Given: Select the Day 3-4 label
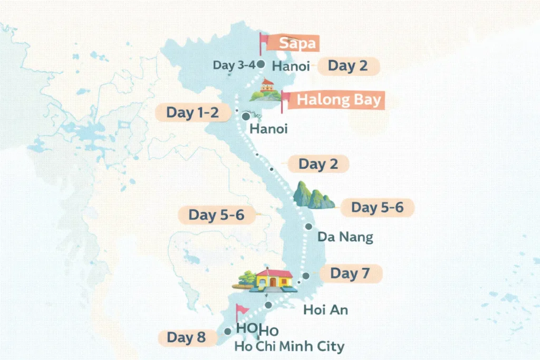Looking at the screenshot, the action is click(x=234, y=65).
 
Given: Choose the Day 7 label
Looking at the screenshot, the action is click(x=350, y=274).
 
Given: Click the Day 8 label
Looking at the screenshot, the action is click(x=186, y=337).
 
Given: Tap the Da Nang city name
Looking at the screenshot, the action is click(x=345, y=237).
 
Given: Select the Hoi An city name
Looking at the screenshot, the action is click(x=325, y=310).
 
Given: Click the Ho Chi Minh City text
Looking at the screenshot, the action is click(x=290, y=346).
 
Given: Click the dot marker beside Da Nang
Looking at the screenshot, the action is click(x=308, y=227).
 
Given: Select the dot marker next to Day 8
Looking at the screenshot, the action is click(x=227, y=332).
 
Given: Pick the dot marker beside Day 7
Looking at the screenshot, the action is click(x=306, y=276).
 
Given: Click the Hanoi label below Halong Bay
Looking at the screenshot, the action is click(x=268, y=129).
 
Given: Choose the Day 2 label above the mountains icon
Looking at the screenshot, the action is click(x=319, y=164).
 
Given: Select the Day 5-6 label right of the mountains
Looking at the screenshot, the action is click(x=377, y=208).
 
